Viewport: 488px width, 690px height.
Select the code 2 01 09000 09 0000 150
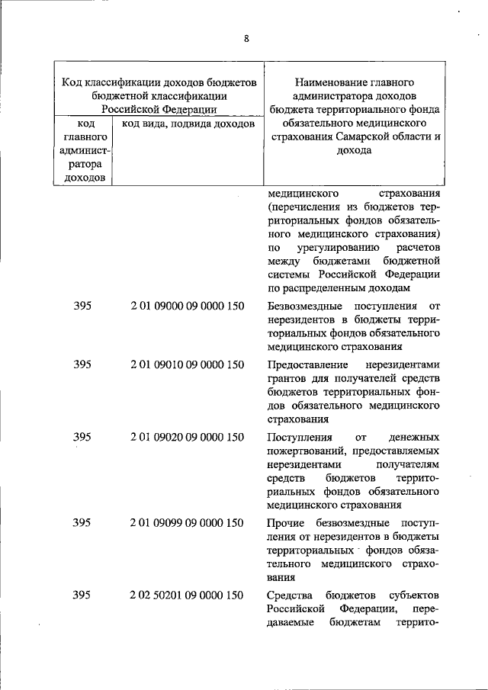pyautogui.click(x=187, y=306)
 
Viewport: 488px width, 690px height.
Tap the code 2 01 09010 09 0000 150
pyautogui.click(x=187, y=364)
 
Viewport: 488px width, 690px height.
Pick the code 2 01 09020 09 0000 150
pyautogui.click(x=187, y=437)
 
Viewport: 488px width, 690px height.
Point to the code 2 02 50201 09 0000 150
pyautogui.click(x=187, y=595)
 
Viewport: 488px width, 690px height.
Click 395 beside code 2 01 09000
pyautogui.click(x=82, y=306)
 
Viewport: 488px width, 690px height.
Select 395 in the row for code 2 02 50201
pyautogui.click(x=82, y=595)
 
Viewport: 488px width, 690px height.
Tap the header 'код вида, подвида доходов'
pyautogui.click(x=187, y=123)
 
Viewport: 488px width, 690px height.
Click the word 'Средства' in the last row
pyautogui.click(x=289, y=595)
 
